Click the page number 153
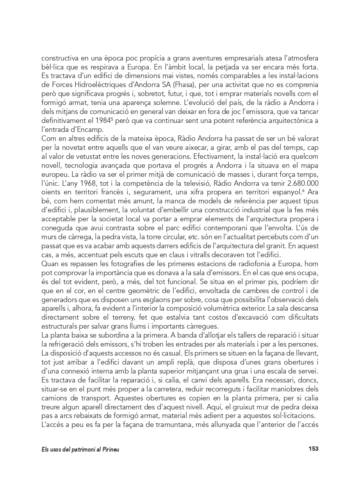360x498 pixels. pyautogui.click(x=313, y=449)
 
